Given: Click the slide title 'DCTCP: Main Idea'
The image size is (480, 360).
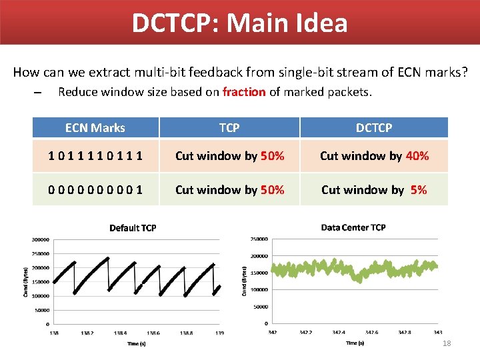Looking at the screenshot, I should (x=239, y=23).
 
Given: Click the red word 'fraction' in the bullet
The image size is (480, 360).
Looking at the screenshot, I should (x=244, y=92).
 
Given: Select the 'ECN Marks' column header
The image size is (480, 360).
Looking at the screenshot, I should (x=95, y=127).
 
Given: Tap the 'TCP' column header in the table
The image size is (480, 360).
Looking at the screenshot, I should (x=229, y=127).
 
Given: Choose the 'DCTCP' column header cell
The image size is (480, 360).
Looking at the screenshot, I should (x=374, y=127).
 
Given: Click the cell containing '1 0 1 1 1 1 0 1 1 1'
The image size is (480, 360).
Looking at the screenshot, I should (x=95, y=156).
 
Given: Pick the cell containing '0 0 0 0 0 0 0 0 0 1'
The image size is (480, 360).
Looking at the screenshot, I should (x=95, y=190).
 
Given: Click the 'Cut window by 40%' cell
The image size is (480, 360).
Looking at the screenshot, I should (x=374, y=156).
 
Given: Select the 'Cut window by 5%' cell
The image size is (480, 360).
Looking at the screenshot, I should (x=374, y=190).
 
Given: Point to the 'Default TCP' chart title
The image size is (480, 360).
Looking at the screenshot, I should (x=133, y=228).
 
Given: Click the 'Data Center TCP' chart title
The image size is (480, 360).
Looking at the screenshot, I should (x=353, y=227).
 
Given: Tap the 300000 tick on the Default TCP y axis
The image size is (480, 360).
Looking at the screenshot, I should (x=41, y=239).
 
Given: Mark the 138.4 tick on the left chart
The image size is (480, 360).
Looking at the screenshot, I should (x=121, y=333).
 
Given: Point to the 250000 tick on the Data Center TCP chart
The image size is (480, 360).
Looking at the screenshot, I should (x=259, y=239).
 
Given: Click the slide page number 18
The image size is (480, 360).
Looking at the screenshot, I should (x=447, y=343).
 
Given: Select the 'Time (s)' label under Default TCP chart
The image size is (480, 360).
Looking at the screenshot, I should (x=137, y=344).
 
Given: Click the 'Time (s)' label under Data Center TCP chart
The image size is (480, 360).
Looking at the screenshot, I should (x=355, y=343).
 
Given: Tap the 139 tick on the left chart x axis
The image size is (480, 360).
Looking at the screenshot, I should (x=219, y=333).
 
